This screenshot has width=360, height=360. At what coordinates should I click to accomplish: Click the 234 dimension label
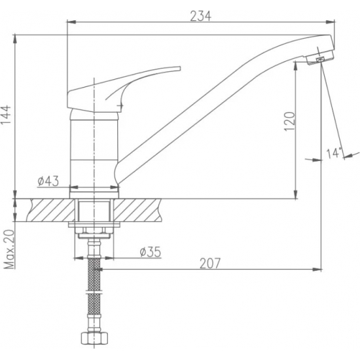[x=200, y=16]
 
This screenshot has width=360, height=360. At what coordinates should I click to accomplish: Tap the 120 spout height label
[x=289, y=122]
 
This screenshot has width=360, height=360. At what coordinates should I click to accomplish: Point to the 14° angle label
[x=334, y=153]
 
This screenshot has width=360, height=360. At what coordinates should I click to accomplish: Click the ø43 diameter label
[x=48, y=181]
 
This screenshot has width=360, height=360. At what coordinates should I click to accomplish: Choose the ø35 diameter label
[x=151, y=252]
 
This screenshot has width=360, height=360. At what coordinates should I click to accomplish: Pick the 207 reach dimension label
[x=210, y=263]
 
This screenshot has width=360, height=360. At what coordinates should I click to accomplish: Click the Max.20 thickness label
[x=9, y=249]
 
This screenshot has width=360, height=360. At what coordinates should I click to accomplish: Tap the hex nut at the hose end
[x=94, y=338]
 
